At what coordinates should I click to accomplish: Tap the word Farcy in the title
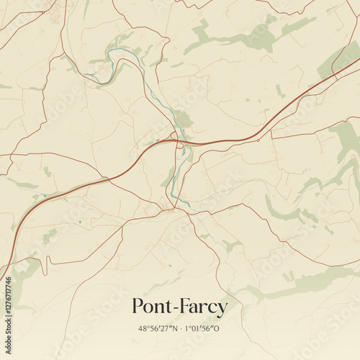pos(202,307)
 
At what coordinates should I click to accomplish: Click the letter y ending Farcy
pos(222,310)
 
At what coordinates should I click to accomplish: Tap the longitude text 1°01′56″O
pos(202,328)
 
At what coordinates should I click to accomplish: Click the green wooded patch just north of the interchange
pos(183,119)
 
